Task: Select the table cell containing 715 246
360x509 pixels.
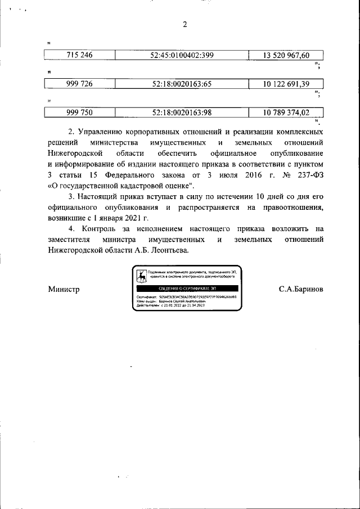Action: [79, 55]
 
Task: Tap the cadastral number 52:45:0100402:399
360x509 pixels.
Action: [182, 55]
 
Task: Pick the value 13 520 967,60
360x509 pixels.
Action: [286, 55]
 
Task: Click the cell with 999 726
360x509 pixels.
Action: [79, 84]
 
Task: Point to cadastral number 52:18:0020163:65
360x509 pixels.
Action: [182, 84]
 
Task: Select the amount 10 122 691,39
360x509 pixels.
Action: [286, 84]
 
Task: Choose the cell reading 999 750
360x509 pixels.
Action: [79, 112]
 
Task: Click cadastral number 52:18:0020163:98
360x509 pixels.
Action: [182, 112]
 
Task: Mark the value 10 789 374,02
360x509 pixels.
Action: [286, 112]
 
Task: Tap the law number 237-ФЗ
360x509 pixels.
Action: [309, 175]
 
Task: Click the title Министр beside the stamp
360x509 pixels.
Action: [64, 289]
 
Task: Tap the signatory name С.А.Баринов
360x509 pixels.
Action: [300, 289]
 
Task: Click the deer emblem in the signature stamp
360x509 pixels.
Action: [142, 276]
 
